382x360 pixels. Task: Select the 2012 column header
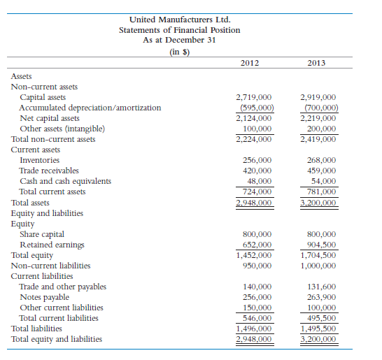point(249,64)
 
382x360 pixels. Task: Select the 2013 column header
point(316,64)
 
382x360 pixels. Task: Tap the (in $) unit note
point(179,51)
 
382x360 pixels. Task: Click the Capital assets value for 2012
point(255,97)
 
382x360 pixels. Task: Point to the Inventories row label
point(39,160)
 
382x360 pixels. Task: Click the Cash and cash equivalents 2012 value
point(258,181)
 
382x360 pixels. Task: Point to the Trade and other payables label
point(63,287)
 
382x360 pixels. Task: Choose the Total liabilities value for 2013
point(318,329)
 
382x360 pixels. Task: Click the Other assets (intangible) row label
point(62,129)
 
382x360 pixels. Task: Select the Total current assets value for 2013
point(318,192)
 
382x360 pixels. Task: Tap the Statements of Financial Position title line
point(179,30)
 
